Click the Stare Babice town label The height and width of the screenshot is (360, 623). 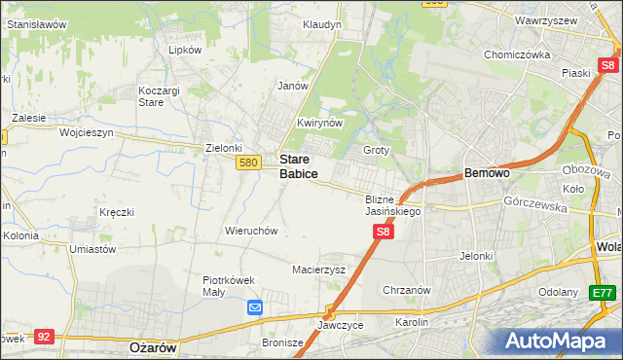pos(298,165)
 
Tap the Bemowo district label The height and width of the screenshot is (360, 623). pos(488,172)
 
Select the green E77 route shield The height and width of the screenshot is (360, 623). pos(604,292)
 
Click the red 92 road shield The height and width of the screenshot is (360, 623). pos(43,336)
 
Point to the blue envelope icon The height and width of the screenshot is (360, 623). pos(255,307)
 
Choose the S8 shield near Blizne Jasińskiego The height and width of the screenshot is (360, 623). pos(384,232)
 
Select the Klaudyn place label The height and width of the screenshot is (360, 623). pos(321,24)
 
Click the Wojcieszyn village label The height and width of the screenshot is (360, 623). pos(87,131)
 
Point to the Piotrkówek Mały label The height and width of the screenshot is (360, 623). pos(228,285)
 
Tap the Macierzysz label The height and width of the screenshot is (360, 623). pos(319,270)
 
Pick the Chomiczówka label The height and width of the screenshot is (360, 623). pos(518,55)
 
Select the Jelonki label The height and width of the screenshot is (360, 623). pos(478,256)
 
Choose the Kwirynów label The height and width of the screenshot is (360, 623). pos(320,124)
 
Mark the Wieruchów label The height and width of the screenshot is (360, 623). pos(252,231)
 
